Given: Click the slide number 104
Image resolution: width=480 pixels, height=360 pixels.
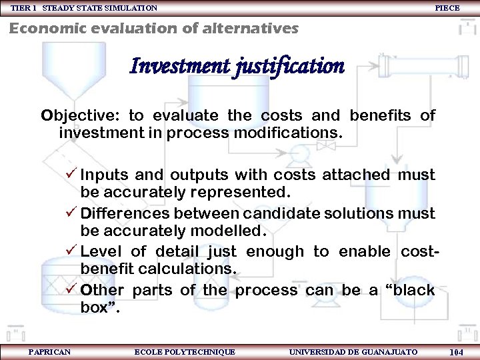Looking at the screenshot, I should pos(457,352).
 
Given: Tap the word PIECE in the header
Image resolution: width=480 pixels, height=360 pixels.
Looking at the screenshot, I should pos(447,8).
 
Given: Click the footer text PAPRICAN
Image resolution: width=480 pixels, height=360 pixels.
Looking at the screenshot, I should pos(49,352).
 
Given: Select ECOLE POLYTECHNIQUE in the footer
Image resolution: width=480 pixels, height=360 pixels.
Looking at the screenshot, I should pos(185,352).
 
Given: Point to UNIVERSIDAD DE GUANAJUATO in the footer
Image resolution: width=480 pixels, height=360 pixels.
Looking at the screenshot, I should pos(353,352).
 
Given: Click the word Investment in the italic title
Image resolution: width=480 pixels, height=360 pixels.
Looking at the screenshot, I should pos(179,67).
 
